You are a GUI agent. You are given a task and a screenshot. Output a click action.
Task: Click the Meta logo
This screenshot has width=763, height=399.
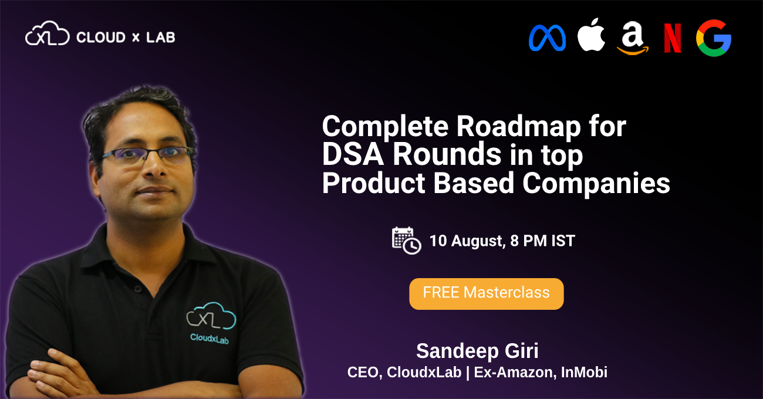click(x=547, y=38)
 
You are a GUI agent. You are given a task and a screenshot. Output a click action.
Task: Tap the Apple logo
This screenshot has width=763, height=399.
click(x=591, y=37)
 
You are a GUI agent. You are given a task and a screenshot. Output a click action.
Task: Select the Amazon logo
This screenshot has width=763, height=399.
click(x=633, y=39)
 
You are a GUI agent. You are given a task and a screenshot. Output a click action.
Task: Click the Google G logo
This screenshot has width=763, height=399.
click(x=714, y=38)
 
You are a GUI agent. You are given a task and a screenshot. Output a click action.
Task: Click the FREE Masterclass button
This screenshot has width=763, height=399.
click(x=486, y=293)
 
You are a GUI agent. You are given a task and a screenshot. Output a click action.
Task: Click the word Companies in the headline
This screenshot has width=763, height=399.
click(x=596, y=183)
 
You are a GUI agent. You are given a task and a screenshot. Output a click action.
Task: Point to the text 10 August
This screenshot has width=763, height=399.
click(x=465, y=241)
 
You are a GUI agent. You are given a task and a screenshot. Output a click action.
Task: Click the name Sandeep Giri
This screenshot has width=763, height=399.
click(x=477, y=351)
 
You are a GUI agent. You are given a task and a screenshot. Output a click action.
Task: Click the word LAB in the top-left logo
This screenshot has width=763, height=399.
click(x=160, y=38)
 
